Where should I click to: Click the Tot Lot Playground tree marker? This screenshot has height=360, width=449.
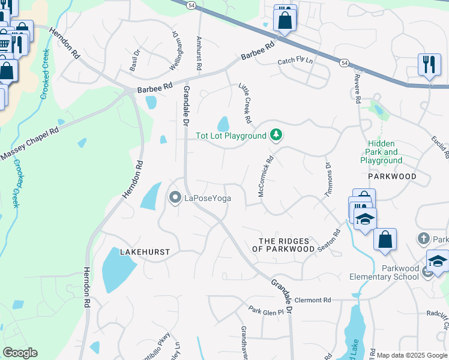click(x=276, y=136)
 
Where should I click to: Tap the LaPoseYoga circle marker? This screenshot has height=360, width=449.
click(x=175, y=197)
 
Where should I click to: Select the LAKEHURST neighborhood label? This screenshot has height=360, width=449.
click(x=145, y=252)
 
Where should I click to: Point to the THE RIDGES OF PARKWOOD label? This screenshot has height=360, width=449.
click(x=286, y=244)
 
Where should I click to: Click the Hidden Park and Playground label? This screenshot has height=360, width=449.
click(x=381, y=152)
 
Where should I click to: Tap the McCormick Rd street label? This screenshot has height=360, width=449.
click(x=265, y=177)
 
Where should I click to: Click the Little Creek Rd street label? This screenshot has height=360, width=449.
click(x=245, y=100)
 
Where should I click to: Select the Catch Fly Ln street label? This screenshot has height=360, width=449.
click(x=295, y=61)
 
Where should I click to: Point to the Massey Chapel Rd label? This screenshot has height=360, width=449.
click(x=29, y=145)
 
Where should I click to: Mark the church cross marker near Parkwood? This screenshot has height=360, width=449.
click(x=424, y=239)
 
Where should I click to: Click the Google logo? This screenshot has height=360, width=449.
click(x=20, y=353)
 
